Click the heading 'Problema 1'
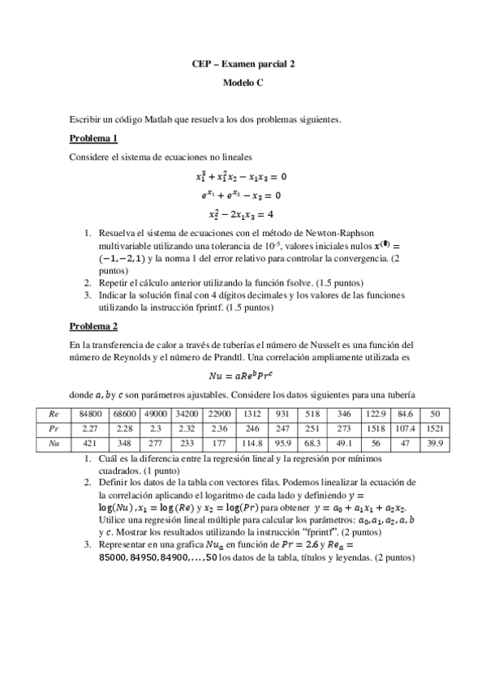[x=94, y=138]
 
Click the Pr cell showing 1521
[x=434, y=428]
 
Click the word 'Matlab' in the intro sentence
[x=162, y=119]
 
